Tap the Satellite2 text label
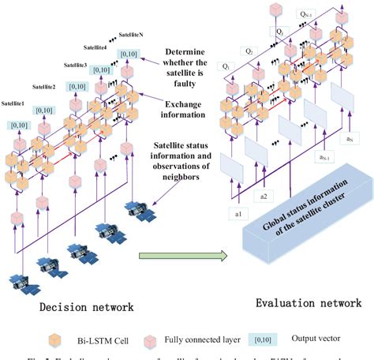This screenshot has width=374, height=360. click(x=45, y=85)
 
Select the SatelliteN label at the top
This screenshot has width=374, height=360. click(x=136, y=36)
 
